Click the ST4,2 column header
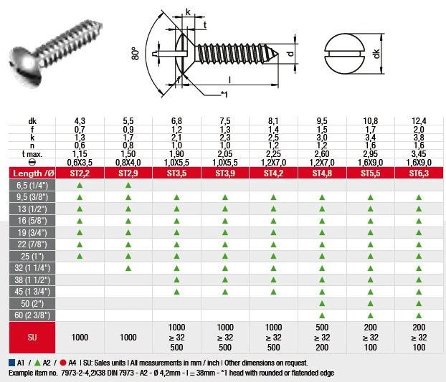[x=273, y=173]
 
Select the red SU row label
[x=32, y=338]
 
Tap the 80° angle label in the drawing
[x=136, y=54]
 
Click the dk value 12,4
[x=419, y=121]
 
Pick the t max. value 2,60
[x=322, y=154]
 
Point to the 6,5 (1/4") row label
[x=32, y=186]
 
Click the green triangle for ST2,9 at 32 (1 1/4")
[x=128, y=268]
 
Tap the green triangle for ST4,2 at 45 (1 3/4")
[x=273, y=292]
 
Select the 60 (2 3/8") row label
[x=32, y=315]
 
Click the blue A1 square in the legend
[x=12, y=363]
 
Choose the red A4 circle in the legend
[x=63, y=363]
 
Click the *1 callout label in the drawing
[x=224, y=94]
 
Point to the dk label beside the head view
[x=376, y=54]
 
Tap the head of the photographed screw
[x=25, y=66]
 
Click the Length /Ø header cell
[x=32, y=173]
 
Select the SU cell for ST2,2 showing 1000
[x=80, y=338]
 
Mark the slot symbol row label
[x=32, y=162]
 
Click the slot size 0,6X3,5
[x=80, y=162]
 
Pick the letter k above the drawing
[x=188, y=11]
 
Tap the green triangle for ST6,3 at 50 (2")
[x=419, y=304]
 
